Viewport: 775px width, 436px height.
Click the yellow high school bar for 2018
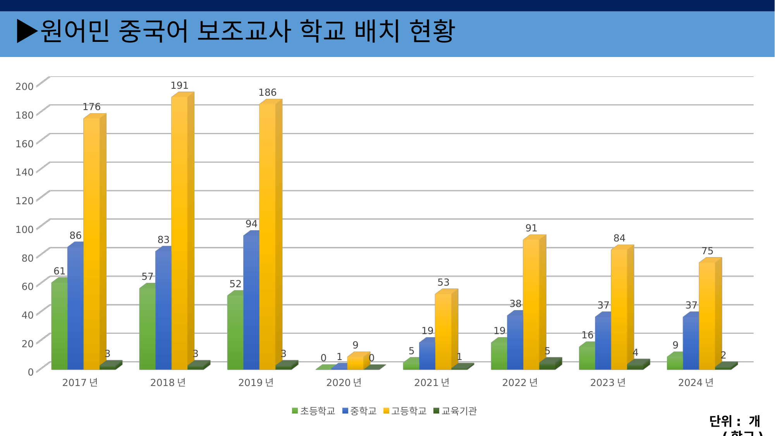click(180, 233)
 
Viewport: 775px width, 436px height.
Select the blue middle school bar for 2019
click(251, 302)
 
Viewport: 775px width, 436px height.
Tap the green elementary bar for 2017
click(59, 326)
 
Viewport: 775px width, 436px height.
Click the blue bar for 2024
click(691, 343)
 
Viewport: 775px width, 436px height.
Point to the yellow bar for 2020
click(355, 363)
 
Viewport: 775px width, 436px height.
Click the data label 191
click(179, 86)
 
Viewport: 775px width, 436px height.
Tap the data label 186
click(267, 93)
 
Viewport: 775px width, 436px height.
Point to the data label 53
click(443, 283)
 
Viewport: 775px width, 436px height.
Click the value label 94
click(251, 224)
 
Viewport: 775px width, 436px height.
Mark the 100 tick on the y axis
click(24, 229)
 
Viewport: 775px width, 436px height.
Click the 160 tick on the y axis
click(24, 144)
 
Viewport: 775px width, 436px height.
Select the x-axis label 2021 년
click(432, 383)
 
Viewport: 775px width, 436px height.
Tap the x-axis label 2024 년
click(696, 383)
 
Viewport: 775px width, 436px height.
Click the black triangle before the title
click(26, 31)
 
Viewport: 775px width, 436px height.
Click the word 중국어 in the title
click(154, 31)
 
